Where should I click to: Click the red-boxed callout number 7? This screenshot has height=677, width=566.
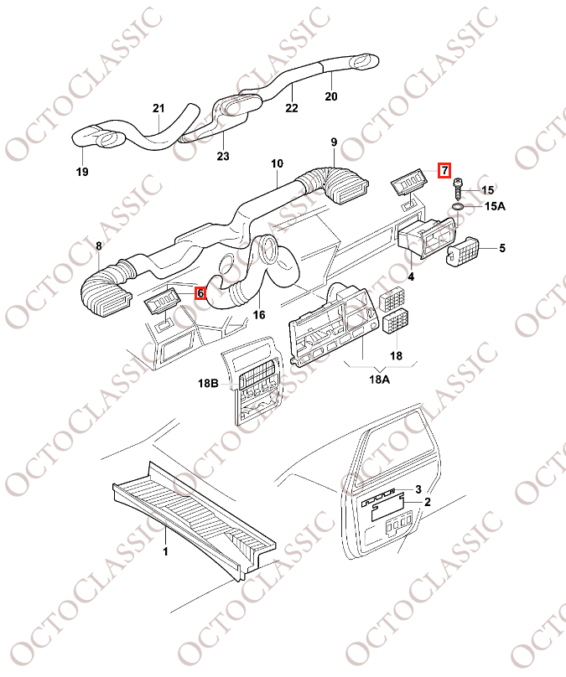444,171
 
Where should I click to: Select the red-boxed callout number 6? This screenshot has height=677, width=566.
200,293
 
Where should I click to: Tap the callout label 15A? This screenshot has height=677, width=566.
495,206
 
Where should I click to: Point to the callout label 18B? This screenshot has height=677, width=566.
208,383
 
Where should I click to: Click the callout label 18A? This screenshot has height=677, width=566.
379,380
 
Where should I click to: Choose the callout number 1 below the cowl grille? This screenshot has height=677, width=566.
165,551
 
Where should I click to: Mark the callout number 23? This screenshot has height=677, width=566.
223,156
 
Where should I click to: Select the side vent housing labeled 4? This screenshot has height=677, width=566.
426,238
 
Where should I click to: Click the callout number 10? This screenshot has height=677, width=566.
277,163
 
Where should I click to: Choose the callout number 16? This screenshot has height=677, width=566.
259,315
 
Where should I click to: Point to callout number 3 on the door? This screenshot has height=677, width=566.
418,489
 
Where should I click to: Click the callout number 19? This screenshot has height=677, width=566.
82,172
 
